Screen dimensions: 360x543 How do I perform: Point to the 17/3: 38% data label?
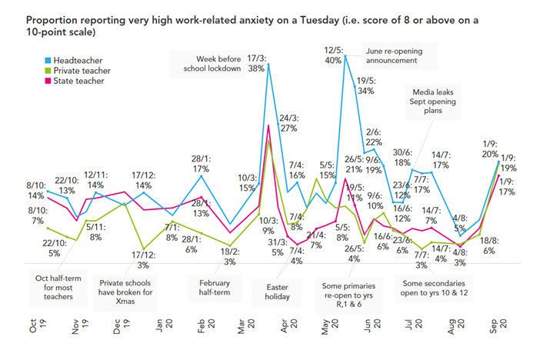click(257, 62)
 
